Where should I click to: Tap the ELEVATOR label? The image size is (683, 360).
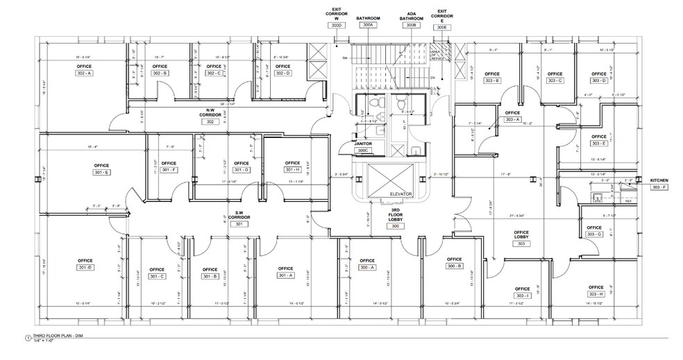pyautogui.click(x=400, y=194)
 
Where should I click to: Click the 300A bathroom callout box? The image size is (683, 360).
pyautogui.click(x=368, y=25)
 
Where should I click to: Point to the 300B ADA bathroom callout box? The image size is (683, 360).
pyautogui.click(x=411, y=25)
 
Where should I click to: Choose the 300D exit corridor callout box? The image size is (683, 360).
pyautogui.click(x=337, y=25)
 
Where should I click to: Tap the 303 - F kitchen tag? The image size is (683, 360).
pyautogui.click(x=658, y=187)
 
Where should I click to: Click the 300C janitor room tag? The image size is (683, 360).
pyautogui.click(x=362, y=150)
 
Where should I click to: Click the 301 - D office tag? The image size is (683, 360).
pyautogui.click(x=85, y=267)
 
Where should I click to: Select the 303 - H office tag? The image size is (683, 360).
pyautogui.click(x=596, y=294)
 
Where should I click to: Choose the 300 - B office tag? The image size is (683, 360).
pyautogui.click(x=455, y=266)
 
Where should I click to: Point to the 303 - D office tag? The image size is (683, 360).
pyautogui.click(x=599, y=80)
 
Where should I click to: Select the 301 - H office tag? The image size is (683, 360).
pyautogui.click(x=292, y=170)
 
